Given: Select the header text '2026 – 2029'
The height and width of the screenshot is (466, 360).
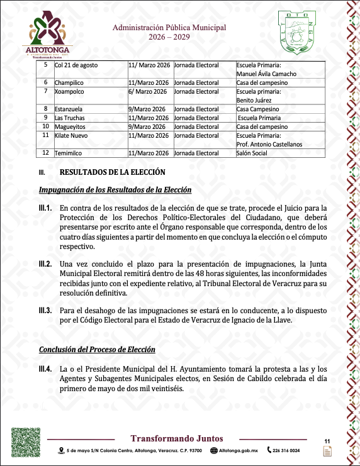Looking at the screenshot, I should (169, 37).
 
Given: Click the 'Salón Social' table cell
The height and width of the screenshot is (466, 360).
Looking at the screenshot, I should (252, 153).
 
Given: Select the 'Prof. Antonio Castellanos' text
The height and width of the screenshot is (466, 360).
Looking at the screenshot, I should (269, 143).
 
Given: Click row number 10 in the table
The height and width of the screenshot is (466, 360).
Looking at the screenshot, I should (45, 126).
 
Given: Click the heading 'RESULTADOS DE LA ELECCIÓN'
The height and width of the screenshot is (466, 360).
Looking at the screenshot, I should (112, 172).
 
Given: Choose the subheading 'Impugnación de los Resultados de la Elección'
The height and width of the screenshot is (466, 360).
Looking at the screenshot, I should (115, 190).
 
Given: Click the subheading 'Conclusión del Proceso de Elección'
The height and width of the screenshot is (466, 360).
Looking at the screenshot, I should (97, 350).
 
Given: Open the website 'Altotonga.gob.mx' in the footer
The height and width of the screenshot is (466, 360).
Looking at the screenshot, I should (237, 450).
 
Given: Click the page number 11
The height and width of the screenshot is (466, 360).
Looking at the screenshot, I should (327, 440).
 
